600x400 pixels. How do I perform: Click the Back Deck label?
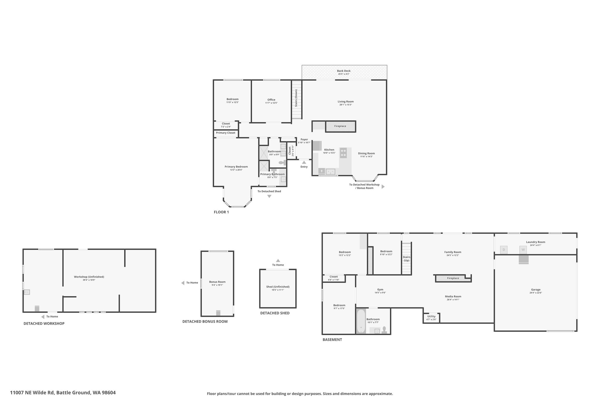point(344,71)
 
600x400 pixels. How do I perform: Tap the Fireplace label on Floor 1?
point(340,126)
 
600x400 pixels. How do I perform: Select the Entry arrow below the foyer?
point(304,162)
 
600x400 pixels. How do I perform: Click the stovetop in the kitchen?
point(343,153)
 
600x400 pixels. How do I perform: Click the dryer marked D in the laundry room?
point(504,250)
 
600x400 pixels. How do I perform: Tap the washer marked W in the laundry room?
point(523,250)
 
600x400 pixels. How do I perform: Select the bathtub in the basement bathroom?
point(361,321)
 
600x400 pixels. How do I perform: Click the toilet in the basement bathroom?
point(384,330)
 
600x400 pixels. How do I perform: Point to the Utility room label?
point(431,316)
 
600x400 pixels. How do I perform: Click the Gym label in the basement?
point(380,290)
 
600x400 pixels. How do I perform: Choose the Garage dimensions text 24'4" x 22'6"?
point(536,293)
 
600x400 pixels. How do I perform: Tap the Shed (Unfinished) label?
point(278,287)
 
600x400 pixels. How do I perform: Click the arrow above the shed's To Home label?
point(278,261)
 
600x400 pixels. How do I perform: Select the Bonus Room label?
point(217,282)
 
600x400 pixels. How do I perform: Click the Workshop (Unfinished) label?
point(89,277)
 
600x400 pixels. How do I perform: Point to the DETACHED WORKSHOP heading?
point(44,324)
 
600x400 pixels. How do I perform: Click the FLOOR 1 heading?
point(221,212)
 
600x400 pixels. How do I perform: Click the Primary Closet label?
point(226,133)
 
